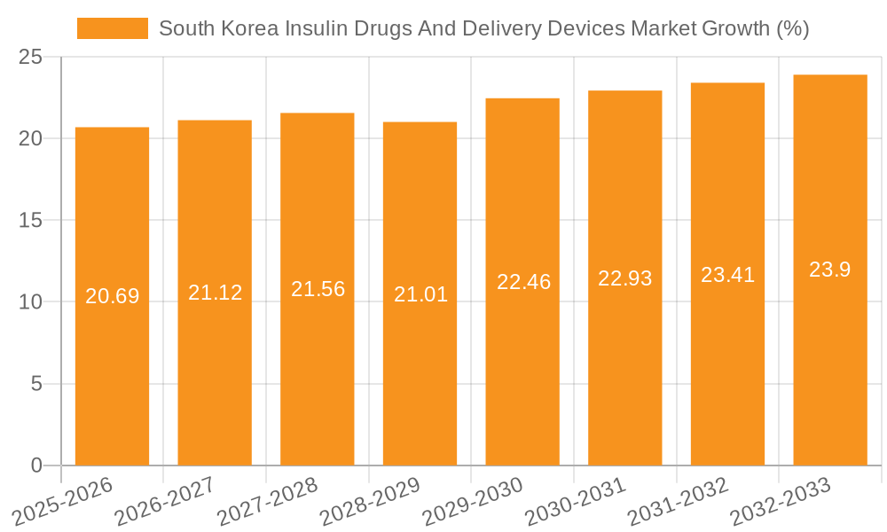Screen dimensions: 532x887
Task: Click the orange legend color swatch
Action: pyautogui.click(x=113, y=28)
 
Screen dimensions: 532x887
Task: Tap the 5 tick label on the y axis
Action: pyautogui.click(x=36, y=384)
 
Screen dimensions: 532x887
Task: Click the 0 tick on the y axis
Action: pyautogui.click(x=36, y=465)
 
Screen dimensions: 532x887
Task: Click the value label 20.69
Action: pyautogui.click(x=112, y=296)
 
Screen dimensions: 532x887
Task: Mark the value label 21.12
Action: pyautogui.click(x=215, y=293)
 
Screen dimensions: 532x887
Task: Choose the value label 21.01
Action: pyautogui.click(x=420, y=294)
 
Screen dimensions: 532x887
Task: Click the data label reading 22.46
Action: pyautogui.click(x=523, y=282)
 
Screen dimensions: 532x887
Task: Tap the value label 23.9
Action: pyautogui.click(x=830, y=270)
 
